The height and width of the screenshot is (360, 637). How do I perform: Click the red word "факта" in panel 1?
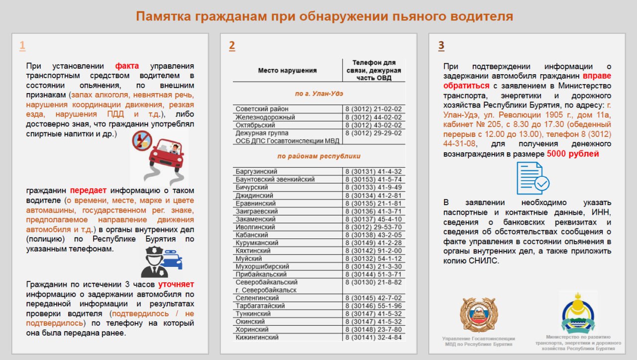coord(127,66)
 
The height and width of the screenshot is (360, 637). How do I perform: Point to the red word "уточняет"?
coord(176,284)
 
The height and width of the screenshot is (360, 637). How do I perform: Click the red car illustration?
coord(161,157)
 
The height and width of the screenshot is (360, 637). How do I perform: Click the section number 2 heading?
coord(232,46)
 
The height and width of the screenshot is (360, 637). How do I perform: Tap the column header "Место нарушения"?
coord(287,71)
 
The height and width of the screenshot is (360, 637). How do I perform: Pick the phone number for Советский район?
coord(373,109)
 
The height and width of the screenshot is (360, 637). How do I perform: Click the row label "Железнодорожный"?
coord(265,117)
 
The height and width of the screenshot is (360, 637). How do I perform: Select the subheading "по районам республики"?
coord(318,156)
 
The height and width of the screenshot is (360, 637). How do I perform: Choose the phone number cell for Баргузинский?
coord(373,172)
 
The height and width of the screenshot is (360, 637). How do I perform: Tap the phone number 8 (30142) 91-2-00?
coord(373,250)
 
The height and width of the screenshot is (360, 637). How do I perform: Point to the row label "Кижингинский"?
coord(257,337)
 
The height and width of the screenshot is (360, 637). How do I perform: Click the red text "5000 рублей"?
coord(573,154)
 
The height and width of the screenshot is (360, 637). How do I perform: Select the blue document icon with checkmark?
coord(533,178)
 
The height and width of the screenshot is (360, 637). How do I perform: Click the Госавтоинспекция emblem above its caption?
coord(478,315)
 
